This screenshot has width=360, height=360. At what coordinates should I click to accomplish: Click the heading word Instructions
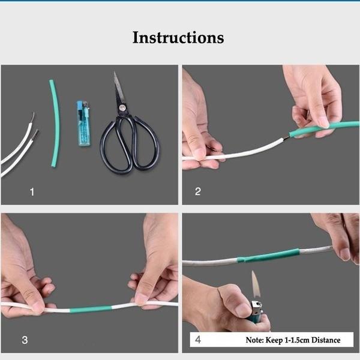178,37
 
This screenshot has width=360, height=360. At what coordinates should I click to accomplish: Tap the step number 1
32,192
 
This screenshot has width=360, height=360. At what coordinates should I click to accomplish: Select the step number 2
198,192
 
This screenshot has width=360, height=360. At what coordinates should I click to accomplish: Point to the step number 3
25,340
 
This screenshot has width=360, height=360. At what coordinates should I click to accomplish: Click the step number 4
199,340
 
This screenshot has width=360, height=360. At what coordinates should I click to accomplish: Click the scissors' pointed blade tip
114,73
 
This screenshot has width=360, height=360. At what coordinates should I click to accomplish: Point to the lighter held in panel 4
257,312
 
